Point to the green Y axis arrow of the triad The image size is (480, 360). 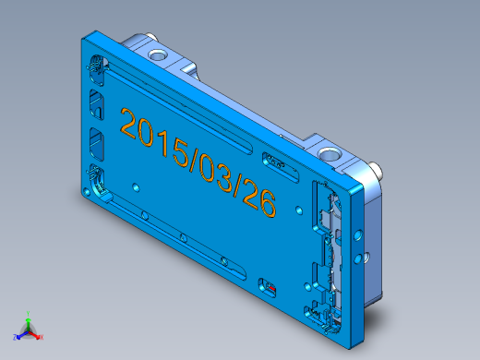pos(29,316)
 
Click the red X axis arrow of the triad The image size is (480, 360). pos(40,338)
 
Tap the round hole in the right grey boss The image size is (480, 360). pos(330,152)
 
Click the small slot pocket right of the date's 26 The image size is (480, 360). pos(279,162)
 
